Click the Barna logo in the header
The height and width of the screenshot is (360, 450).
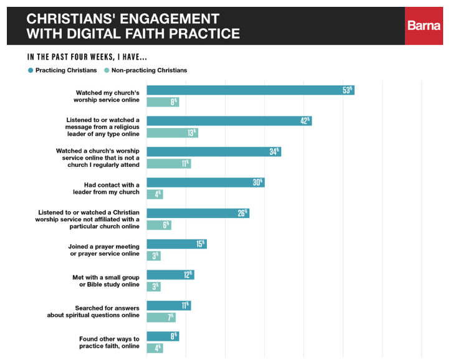[x=424, y=26]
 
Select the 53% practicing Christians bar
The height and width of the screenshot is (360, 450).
[x=250, y=90]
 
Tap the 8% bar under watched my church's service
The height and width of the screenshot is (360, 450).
[x=162, y=102]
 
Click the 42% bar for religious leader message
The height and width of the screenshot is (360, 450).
[x=229, y=121]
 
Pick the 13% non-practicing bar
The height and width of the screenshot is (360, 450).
[x=172, y=133]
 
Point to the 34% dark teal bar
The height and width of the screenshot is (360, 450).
[x=213, y=151]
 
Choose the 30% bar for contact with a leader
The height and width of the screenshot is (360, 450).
[x=205, y=182]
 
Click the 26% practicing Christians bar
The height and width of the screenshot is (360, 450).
[x=198, y=213]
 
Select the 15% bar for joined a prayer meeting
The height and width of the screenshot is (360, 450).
[x=176, y=244]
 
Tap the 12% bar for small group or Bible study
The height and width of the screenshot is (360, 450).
[x=170, y=275]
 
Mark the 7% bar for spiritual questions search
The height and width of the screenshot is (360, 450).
[x=160, y=318]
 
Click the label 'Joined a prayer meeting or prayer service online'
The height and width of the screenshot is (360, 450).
[x=103, y=250]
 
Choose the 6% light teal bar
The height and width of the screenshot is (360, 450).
[x=158, y=225]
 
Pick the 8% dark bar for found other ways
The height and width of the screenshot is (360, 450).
[x=162, y=336]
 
